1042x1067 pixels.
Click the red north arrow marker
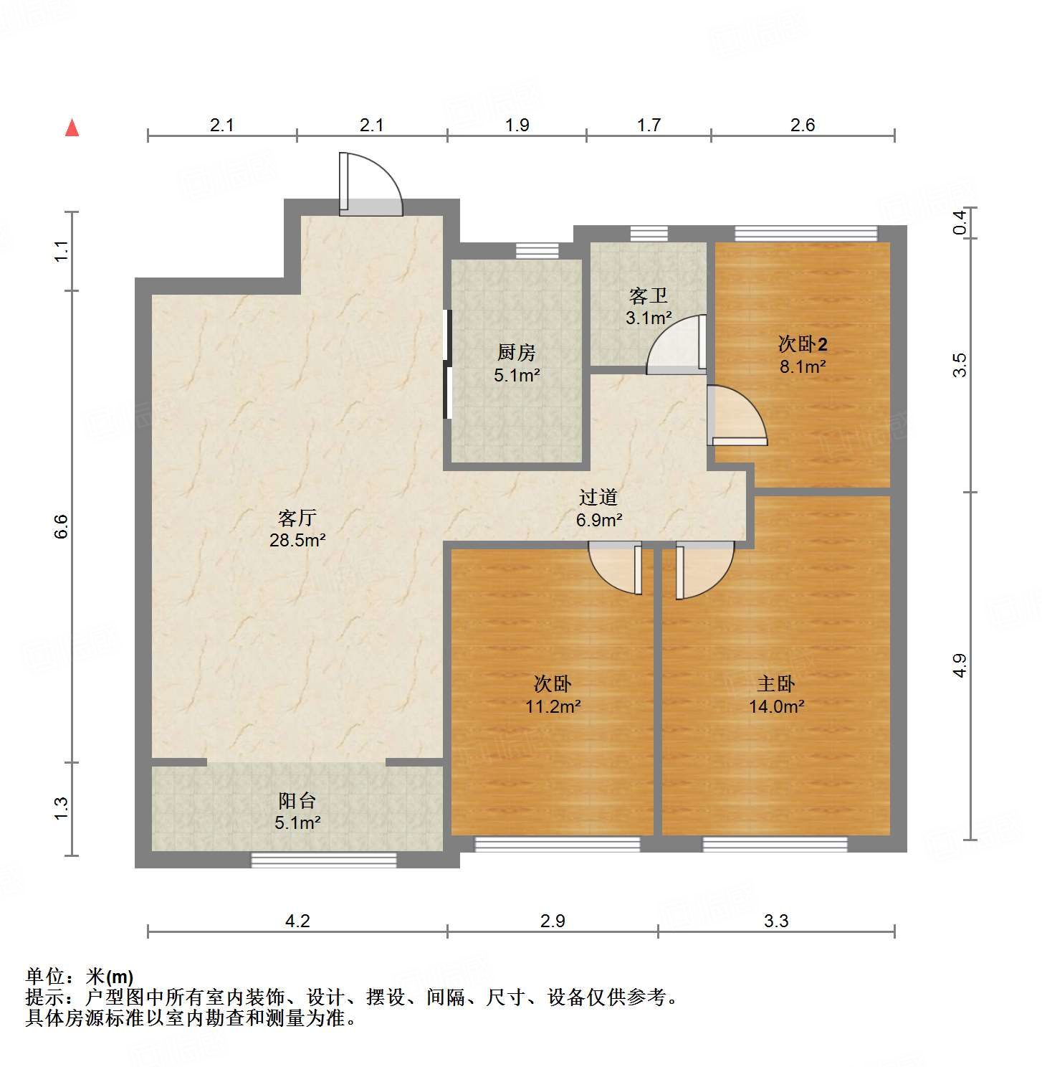(x=72, y=128)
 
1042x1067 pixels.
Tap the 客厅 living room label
(x=297, y=518)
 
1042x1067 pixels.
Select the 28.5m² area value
(x=297, y=540)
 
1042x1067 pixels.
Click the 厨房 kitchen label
(x=516, y=352)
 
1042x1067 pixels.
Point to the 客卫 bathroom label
(x=648, y=295)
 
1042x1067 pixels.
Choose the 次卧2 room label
(x=803, y=344)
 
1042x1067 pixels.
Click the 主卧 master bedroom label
(x=776, y=683)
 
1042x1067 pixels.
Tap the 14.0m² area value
(x=776, y=706)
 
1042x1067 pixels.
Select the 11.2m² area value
(x=553, y=706)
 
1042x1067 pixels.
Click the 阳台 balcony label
(x=297, y=800)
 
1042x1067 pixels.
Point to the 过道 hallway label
(x=598, y=497)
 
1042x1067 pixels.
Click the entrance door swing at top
(x=371, y=185)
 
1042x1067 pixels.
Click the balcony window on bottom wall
(x=323, y=860)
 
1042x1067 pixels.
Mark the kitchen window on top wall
(x=537, y=251)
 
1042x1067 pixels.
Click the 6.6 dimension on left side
(x=61, y=526)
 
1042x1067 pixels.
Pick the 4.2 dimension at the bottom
(x=297, y=921)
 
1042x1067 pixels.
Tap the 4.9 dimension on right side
(x=960, y=665)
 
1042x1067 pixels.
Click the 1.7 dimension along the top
(x=649, y=125)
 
